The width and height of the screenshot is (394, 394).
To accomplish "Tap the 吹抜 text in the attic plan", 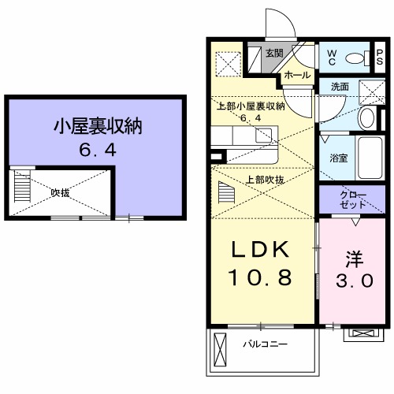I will pos(61,191).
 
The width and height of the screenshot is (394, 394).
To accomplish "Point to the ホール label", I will pos(295,75).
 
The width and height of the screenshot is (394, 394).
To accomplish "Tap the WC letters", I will pos(332,57).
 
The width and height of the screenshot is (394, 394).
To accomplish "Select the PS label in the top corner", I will pos(380,58).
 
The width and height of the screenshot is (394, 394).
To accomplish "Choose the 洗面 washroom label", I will pos(340,87).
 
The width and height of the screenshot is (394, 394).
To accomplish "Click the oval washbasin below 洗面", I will pos(366,118).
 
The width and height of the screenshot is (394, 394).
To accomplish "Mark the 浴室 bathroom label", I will pos(338,158).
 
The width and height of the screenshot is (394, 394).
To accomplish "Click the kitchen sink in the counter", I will pos(261,133).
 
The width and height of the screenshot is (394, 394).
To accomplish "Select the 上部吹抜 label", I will pos(266,180).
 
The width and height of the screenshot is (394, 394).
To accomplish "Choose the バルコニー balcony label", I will pos(264,344).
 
